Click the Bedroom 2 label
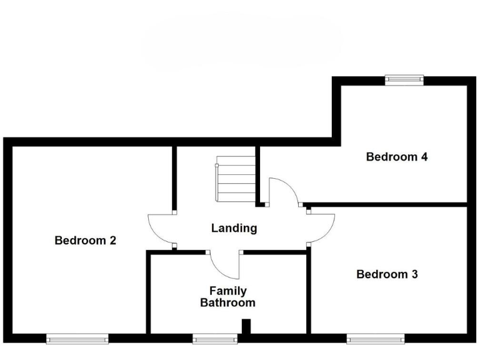[86, 240]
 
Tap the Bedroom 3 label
[387, 274]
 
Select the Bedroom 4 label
[396, 157]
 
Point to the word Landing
[234, 228]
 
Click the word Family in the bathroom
[227, 291]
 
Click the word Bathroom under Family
[227, 303]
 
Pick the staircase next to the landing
[236, 178]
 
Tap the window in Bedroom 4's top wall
[404, 79]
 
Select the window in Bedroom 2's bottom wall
[77, 339]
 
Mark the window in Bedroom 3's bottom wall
[376, 339]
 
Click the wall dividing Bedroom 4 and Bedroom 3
[387, 204]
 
